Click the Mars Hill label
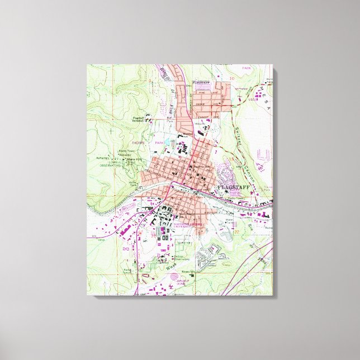click(132, 159)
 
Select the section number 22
click(236, 230)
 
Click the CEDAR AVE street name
click(201, 104)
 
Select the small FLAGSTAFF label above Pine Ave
click(200, 82)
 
